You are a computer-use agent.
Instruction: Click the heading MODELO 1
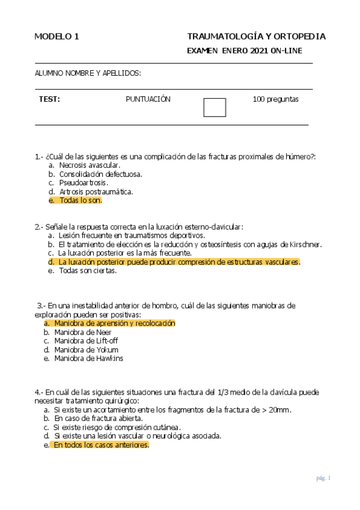pyautogui.click(x=57, y=37)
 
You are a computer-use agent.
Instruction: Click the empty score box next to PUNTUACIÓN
pyautogui.click(x=215, y=107)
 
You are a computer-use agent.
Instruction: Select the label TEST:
pyautogui.click(x=49, y=99)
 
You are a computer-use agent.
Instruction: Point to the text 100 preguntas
pyautogui.click(x=275, y=99)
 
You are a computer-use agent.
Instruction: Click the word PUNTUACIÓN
pyautogui.click(x=148, y=99)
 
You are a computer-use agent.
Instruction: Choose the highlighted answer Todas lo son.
pyautogui.click(x=81, y=200)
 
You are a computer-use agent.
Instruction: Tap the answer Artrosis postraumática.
pyautogui.click(x=96, y=191)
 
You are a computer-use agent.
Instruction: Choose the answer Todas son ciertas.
pyautogui.click(x=87, y=271)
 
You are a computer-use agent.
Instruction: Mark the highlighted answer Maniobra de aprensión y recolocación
pyautogui.click(x=114, y=323)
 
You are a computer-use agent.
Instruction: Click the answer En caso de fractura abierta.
pyautogui.click(x=102, y=418)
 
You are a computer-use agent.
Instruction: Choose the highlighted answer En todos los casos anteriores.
pyautogui.click(x=100, y=445)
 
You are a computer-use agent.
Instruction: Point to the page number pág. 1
pyautogui.click(x=323, y=478)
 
